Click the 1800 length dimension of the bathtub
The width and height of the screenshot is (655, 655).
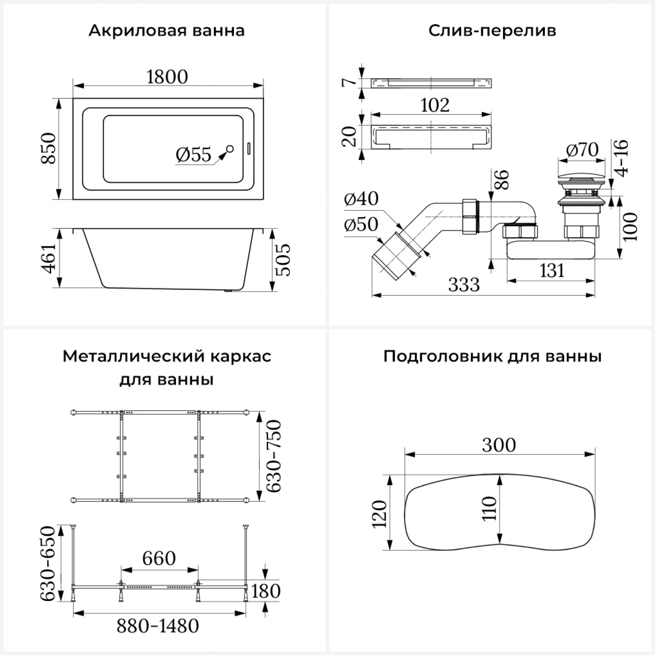tap(167, 77)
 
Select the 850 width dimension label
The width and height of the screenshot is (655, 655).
tap(49, 148)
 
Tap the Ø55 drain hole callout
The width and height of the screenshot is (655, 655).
tap(193, 155)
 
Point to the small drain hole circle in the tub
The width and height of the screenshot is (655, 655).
tap(230, 149)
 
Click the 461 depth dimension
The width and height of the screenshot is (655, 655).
tap(49, 259)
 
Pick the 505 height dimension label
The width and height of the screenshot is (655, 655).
tap(283, 260)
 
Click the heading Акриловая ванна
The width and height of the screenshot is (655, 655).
tap(166, 31)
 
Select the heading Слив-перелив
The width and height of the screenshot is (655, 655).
tap(492, 31)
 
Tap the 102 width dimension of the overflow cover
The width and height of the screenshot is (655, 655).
tap(434, 105)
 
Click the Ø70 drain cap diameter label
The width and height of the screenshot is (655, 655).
tap(583, 150)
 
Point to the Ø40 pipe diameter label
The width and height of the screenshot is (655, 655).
tap(361, 199)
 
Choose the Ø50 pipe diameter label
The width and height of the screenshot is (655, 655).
tap(361, 224)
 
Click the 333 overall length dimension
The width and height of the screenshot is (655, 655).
tap(464, 285)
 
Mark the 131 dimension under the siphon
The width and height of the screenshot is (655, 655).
tap(552, 271)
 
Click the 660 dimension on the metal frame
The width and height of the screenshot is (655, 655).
tap(159, 558)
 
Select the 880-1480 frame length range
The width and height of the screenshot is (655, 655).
tap(158, 626)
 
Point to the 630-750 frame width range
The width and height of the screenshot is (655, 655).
tap(274, 456)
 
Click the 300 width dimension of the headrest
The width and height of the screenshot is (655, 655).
tap(499, 445)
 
